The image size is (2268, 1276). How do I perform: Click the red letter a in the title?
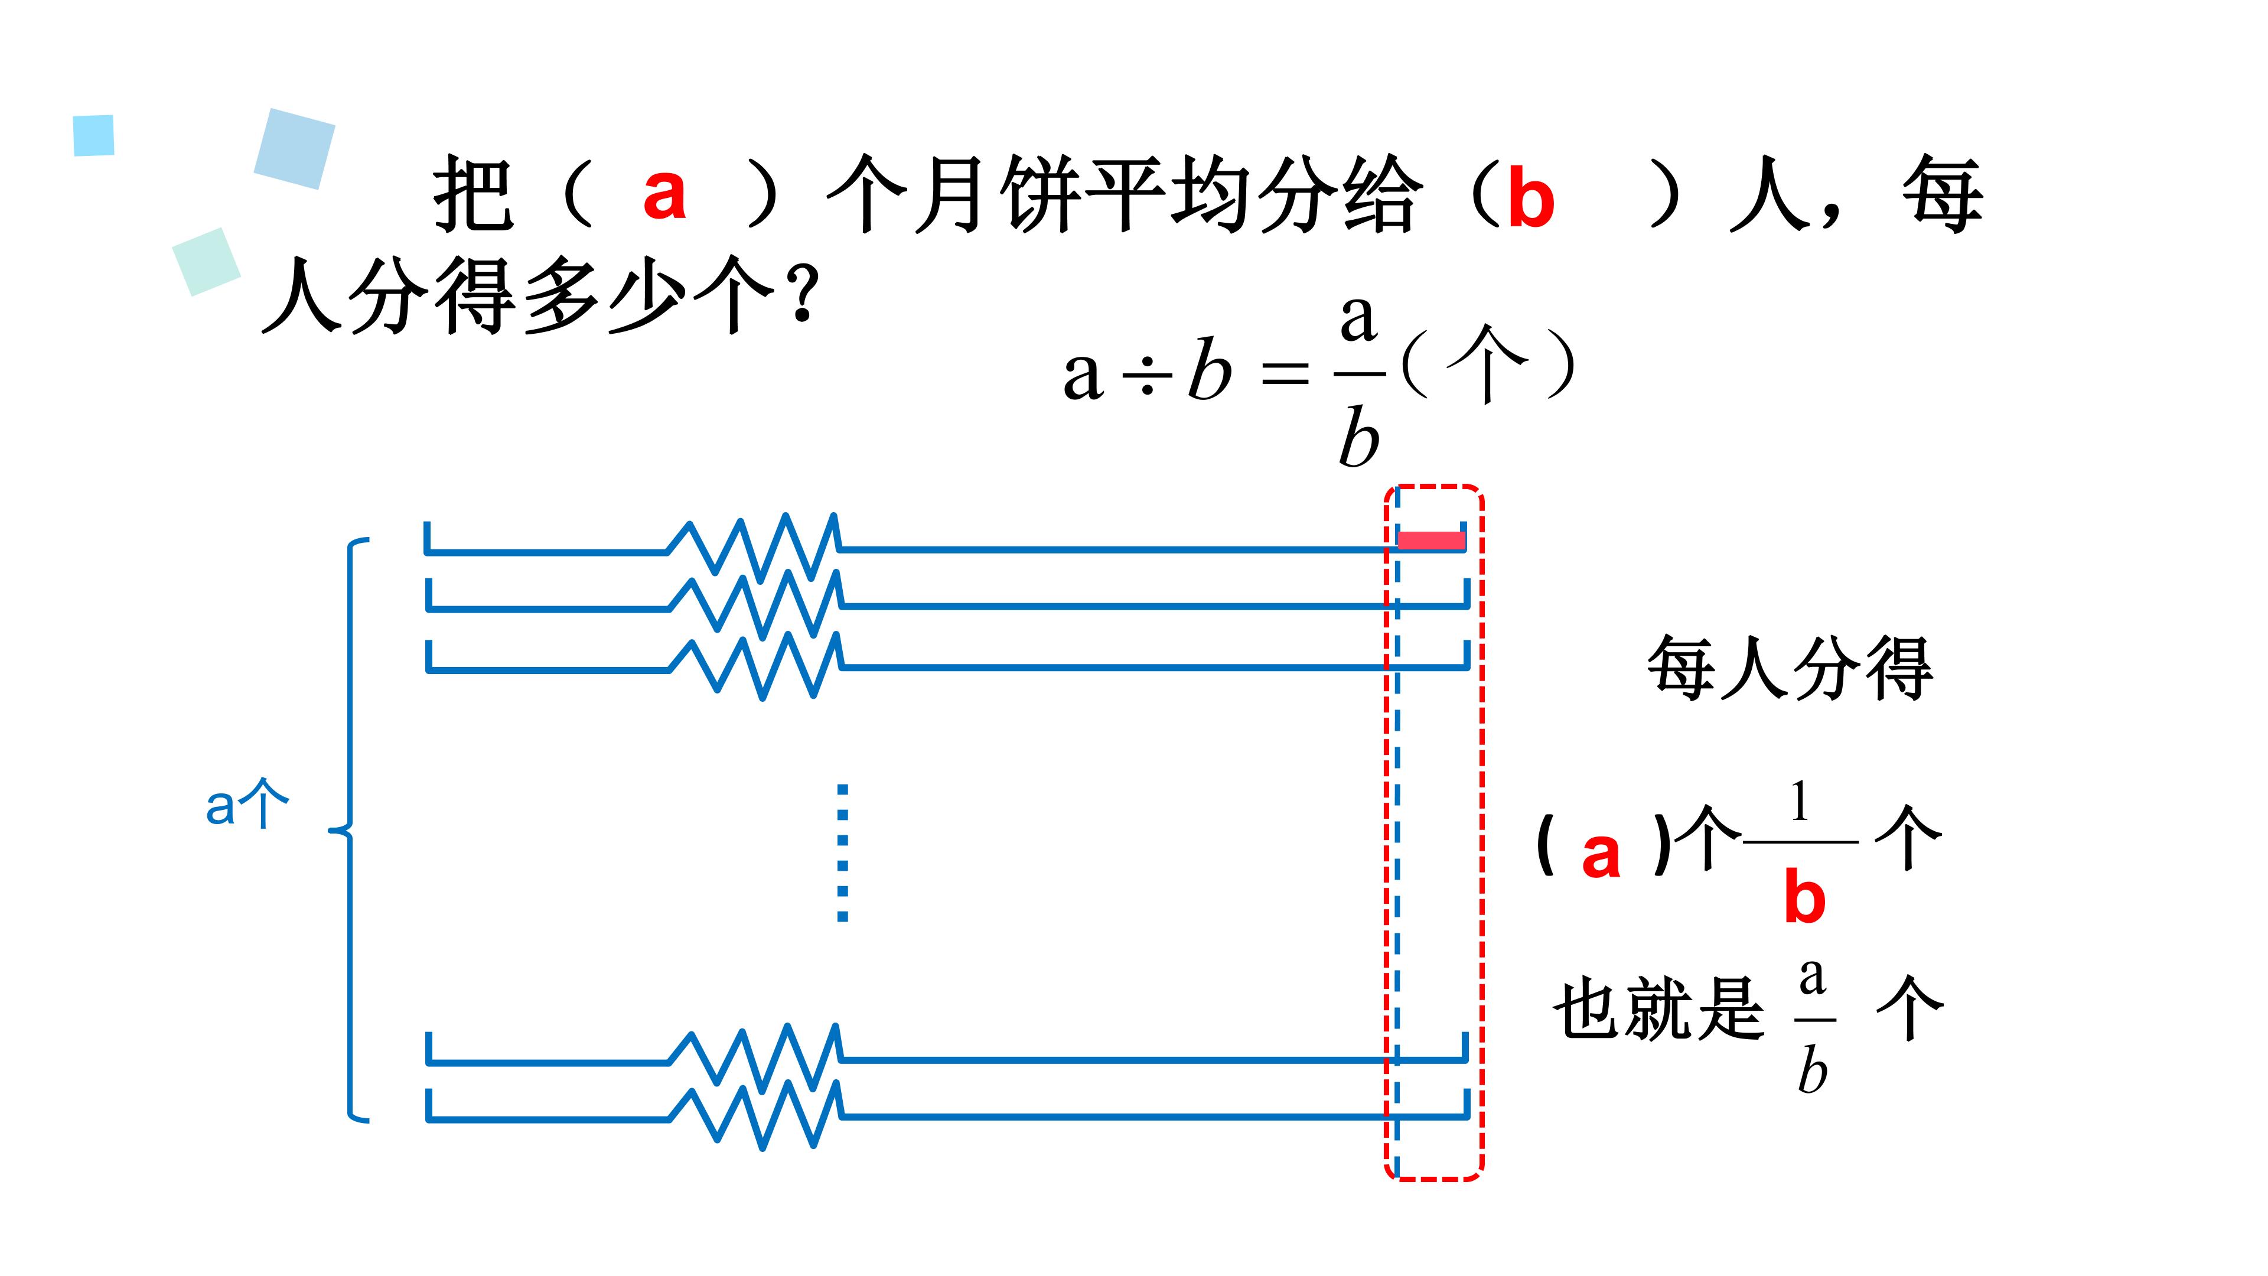664,194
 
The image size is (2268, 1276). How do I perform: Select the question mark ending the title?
802,295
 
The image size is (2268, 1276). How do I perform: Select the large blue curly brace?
348,829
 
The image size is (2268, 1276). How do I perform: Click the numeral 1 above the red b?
1800,802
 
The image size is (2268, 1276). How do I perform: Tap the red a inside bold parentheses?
1601,855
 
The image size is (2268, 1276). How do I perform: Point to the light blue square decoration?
93,136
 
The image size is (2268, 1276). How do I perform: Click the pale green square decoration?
207,262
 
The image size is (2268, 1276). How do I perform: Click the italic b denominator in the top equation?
1358,438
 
